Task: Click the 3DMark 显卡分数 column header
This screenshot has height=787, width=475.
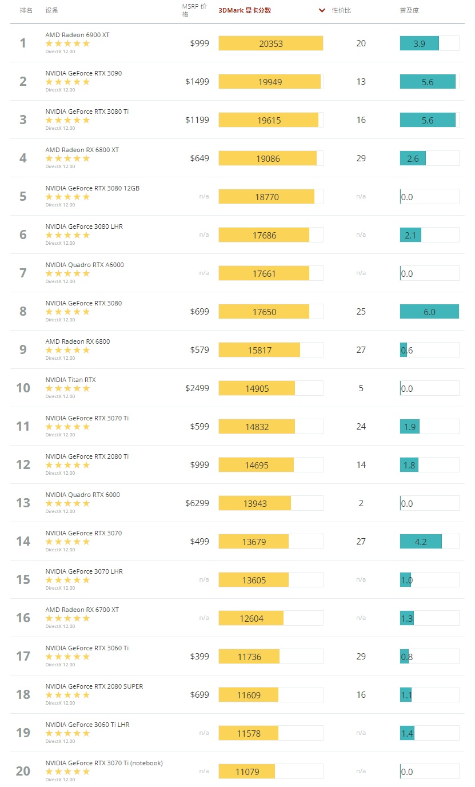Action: click(245, 10)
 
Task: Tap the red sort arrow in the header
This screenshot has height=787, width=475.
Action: click(322, 10)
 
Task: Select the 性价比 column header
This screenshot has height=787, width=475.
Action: click(342, 10)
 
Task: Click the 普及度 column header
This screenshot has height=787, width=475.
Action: click(409, 10)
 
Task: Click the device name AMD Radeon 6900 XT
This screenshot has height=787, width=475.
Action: click(78, 35)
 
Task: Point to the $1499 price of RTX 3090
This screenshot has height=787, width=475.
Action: click(197, 82)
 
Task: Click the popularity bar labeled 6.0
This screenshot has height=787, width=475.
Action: click(429, 312)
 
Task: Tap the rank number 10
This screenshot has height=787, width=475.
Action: click(23, 388)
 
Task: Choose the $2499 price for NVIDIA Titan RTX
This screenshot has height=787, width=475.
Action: click(197, 388)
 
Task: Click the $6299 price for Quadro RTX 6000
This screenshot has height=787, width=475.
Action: click(197, 503)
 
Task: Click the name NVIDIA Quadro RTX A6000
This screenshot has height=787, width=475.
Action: click(85, 265)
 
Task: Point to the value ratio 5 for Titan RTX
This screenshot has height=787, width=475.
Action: click(361, 388)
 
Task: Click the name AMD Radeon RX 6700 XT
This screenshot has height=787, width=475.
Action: click(82, 610)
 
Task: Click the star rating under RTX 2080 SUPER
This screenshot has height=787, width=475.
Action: click(67, 695)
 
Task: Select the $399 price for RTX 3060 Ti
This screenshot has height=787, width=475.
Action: click(199, 657)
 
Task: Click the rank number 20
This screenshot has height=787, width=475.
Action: click(23, 772)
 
